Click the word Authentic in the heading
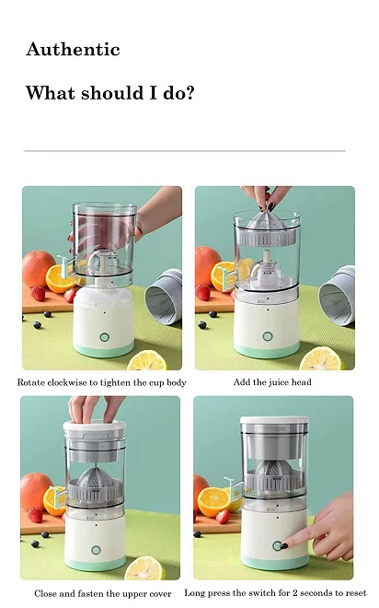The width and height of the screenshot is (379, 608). pyautogui.click(x=74, y=49)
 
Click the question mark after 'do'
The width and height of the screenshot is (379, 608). pyautogui.click(x=189, y=93)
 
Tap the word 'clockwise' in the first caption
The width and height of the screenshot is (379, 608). pyautogui.click(x=67, y=382)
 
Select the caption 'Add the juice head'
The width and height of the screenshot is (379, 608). pyautogui.click(x=272, y=382)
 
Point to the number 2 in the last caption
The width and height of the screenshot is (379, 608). pyautogui.click(x=296, y=593)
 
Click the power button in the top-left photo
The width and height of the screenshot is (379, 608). pyautogui.click(x=104, y=337)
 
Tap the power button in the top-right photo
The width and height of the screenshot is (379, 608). pyautogui.click(x=267, y=336)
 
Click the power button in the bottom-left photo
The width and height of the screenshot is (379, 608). pyautogui.click(x=96, y=550)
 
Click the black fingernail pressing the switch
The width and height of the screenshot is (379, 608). pyautogui.click(x=283, y=545)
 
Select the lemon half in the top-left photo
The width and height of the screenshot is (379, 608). pyautogui.click(x=146, y=360)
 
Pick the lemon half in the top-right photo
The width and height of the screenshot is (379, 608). pyautogui.click(x=321, y=358)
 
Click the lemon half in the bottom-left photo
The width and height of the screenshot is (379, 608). pyautogui.click(x=144, y=568)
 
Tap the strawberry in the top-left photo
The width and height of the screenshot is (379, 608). pyautogui.click(x=38, y=293)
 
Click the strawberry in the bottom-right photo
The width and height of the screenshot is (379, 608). pyautogui.click(x=224, y=517)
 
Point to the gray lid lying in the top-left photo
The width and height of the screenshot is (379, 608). pyautogui.click(x=164, y=296)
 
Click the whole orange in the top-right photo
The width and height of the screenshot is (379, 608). pyautogui.click(x=207, y=265)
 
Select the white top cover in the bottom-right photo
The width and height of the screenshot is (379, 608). pyautogui.click(x=274, y=420)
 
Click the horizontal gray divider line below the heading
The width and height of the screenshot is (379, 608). pyautogui.click(x=185, y=150)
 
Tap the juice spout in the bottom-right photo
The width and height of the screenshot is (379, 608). pyautogui.click(x=234, y=487)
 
